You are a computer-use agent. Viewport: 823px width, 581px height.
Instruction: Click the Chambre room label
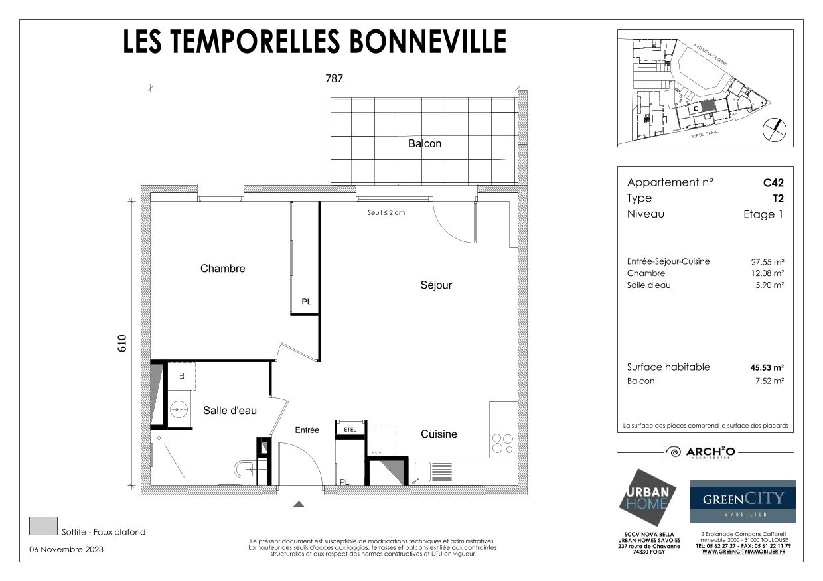pos(222,269)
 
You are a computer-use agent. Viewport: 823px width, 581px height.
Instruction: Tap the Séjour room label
pos(436,285)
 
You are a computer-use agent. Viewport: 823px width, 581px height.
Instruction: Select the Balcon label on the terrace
pos(425,143)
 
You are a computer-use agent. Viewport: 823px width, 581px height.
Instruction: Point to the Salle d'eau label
pos(230,411)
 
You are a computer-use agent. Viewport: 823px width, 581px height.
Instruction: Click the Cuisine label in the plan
pos(439,434)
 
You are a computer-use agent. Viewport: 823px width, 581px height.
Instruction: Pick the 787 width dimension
pos(334,78)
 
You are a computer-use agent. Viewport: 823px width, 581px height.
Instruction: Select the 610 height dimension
pos(122,343)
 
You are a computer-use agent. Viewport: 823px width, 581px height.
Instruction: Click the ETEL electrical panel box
pos(350,430)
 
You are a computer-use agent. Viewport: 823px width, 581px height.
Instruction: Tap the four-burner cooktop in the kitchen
pos(503,444)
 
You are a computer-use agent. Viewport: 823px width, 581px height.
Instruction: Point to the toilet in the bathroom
pos(244,470)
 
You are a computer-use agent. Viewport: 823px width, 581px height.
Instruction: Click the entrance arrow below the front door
pos(299,505)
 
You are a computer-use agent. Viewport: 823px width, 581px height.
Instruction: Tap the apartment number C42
pos(774,182)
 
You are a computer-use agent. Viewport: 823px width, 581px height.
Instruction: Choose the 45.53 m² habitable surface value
pos(767,367)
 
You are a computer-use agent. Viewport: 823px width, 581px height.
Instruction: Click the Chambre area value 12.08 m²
pos(767,273)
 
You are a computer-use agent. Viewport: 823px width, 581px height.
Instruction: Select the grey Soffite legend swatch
pos(43,526)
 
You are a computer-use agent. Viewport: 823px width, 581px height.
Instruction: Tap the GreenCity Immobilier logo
pos(743,501)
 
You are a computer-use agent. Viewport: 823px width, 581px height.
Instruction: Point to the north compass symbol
pos(773,129)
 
